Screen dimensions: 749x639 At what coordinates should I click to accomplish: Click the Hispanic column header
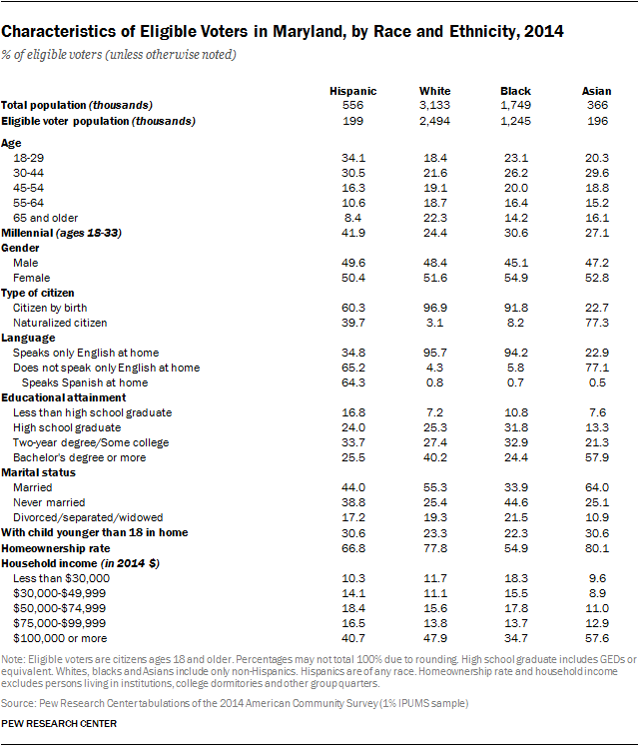click(352, 91)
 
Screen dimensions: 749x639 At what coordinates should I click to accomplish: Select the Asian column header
click(596, 91)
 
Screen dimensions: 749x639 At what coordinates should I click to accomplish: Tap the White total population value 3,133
click(435, 105)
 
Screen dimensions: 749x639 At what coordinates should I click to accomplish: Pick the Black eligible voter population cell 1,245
click(516, 121)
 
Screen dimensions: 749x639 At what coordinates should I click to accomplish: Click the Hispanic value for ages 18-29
click(353, 159)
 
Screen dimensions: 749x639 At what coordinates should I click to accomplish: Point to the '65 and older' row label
click(46, 217)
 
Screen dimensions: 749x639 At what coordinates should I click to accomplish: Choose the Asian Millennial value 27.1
click(597, 232)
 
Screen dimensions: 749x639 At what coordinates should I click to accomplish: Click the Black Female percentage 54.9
click(516, 277)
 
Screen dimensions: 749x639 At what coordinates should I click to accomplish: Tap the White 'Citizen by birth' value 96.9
click(435, 308)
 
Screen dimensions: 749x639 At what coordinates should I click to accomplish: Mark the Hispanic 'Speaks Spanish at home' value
click(353, 382)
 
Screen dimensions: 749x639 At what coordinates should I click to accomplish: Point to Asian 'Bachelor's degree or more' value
click(597, 457)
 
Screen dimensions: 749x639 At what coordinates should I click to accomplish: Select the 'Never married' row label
click(49, 502)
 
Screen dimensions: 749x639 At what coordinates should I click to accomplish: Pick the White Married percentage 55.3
click(435, 487)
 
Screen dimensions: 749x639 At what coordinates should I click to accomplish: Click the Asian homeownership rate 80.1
click(597, 547)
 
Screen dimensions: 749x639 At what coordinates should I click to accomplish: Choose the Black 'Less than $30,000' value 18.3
click(516, 577)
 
